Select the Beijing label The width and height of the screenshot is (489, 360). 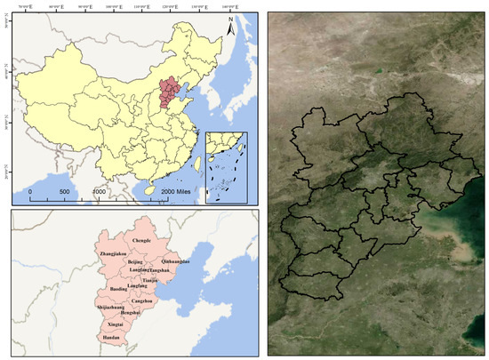(x=136, y=264)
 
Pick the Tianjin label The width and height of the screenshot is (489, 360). (x=150, y=279)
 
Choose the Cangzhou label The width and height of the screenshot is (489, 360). (x=143, y=301)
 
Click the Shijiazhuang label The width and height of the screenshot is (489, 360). (x=110, y=307)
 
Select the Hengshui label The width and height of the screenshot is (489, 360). (x=131, y=313)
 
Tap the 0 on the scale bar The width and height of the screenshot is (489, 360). (x=31, y=192)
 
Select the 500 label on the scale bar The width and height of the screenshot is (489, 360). (x=65, y=192)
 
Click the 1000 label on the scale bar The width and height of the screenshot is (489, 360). (x=100, y=192)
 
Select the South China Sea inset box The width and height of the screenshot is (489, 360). (x=226, y=167)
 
